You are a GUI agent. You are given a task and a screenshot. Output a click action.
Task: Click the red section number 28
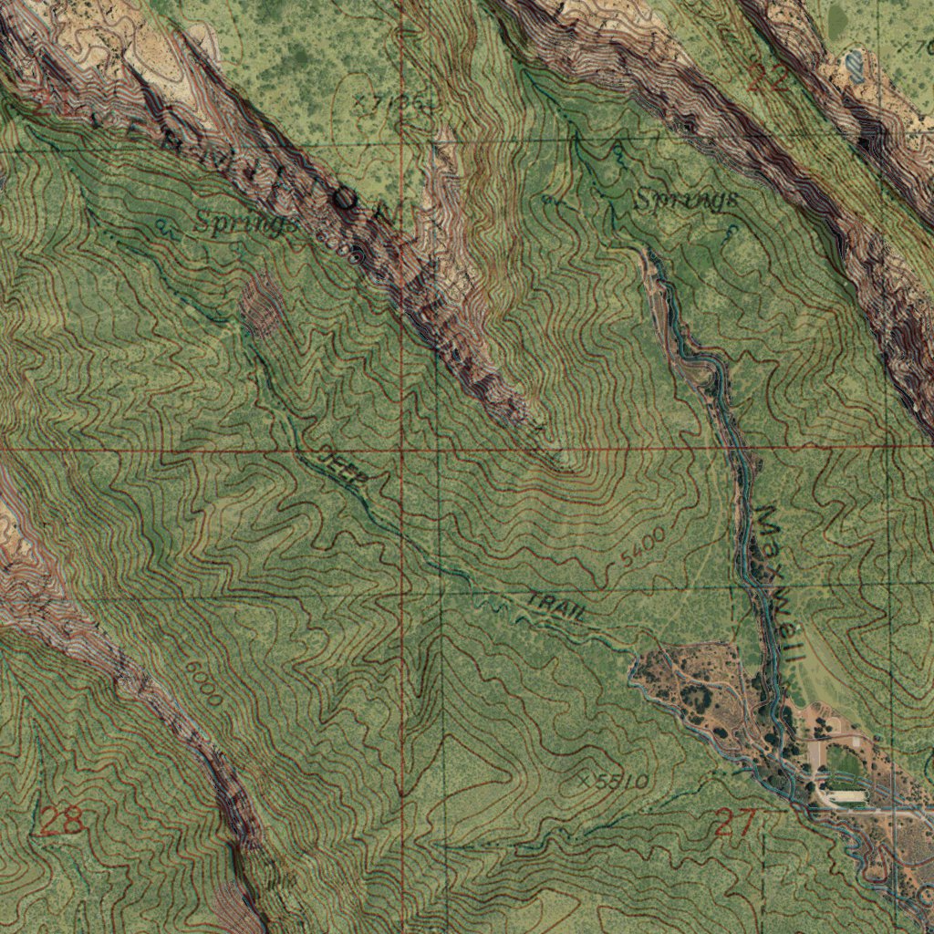coord(62,821)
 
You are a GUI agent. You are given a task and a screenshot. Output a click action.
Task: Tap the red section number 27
coord(735,823)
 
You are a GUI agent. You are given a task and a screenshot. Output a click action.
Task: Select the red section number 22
coord(768,80)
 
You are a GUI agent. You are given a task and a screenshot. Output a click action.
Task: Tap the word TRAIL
coord(556,607)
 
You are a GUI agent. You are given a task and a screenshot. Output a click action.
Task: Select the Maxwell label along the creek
coord(777,584)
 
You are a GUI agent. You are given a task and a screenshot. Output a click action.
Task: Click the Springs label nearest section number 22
coord(686,200)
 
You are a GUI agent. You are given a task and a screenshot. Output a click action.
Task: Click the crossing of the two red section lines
coord(401,450)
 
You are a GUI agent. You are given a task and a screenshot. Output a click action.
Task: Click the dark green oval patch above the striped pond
coord(836,20)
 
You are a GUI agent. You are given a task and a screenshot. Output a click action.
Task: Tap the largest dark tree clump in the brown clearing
coord(697,699)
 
